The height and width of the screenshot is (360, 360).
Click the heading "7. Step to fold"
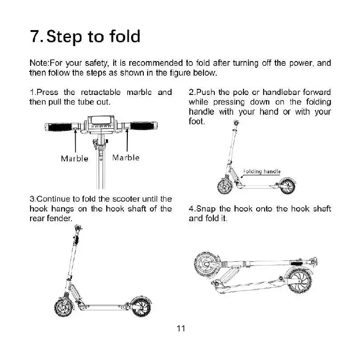85,37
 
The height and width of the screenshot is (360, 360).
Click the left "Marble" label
74,158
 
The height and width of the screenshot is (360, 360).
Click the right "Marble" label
126,157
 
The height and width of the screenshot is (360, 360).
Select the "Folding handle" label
262,172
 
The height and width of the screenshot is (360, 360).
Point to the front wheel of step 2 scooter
225,186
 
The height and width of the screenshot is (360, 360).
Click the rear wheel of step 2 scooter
288,186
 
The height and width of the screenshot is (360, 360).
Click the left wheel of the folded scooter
206,265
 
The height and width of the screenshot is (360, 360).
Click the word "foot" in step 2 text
196,121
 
